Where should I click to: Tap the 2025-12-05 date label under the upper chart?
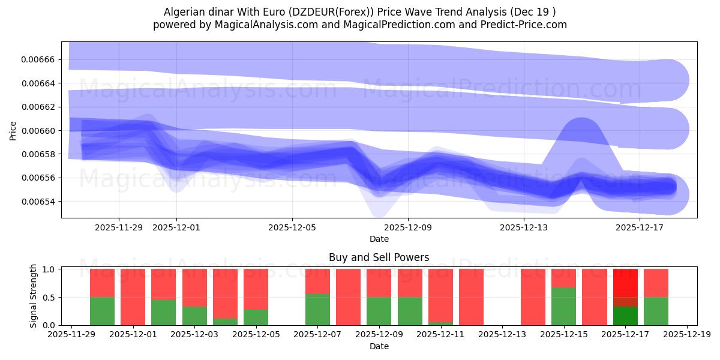pyautogui.click(x=292, y=227)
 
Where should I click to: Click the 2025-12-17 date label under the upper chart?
pyautogui.click(x=639, y=227)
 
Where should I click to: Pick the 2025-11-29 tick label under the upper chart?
pyautogui.click(x=119, y=227)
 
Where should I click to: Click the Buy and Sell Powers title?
pyautogui.click(x=379, y=258)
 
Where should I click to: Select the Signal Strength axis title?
pyautogui.click(x=34, y=296)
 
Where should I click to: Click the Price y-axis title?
pyautogui.click(x=13, y=130)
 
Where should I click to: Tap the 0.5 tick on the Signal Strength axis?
pyautogui.click(x=49, y=298)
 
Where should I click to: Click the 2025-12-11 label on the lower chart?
pyautogui.click(x=440, y=335)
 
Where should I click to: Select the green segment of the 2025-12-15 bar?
pyautogui.click(x=563, y=306)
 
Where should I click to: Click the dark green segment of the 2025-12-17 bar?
pyautogui.click(x=625, y=316)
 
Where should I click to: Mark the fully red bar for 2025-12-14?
pyautogui.click(x=533, y=297)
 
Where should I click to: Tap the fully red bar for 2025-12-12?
pyautogui.click(x=471, y=297)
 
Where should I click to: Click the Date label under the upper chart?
pyautogui.click(x=379, y=239)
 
